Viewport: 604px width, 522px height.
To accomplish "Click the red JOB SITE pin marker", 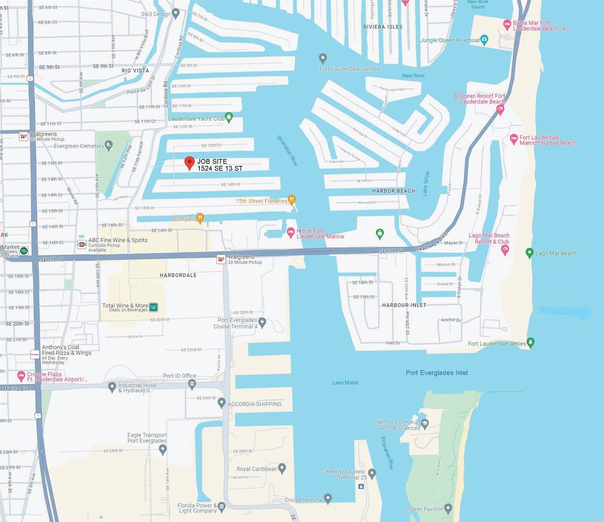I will click(x=189, y=162).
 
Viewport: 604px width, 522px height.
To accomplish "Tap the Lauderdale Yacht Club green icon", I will click(x=229, y=117).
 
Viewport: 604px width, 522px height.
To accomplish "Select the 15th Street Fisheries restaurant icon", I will click(x=291, y=200).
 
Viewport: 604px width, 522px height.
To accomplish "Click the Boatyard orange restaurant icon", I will click(x=200, y=218).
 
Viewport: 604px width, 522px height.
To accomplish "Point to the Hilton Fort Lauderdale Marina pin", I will click(x=290, y=233).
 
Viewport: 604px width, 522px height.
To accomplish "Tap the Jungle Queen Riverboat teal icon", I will click(x=484, y=39).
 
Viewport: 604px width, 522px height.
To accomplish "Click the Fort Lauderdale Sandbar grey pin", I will click(x=323, y=58).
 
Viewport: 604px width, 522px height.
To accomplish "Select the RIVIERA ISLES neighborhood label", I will click(x=383, y=27).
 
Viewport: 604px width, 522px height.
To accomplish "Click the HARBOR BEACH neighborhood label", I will click(x=393, y=191).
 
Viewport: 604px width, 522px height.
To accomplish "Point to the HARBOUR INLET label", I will click(x=404, y=305).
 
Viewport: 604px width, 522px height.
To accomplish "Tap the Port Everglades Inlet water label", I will click(x=437, y=373).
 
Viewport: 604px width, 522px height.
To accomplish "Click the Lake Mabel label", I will click(x=345, y=383).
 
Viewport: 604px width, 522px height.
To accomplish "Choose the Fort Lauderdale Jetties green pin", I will click(x=530, y=342).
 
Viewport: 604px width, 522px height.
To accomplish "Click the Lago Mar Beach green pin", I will click(x=529, y=253).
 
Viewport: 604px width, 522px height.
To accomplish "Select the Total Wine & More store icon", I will click(x=154, y=307).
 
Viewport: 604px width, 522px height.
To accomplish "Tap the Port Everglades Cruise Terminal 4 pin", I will click(x=262, y=322).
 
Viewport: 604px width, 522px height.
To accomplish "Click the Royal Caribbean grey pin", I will click(x=282, y=468).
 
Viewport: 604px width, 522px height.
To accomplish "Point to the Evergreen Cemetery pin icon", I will click(x=108, y=145).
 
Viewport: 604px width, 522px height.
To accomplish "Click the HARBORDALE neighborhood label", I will click(x=178, y=275).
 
